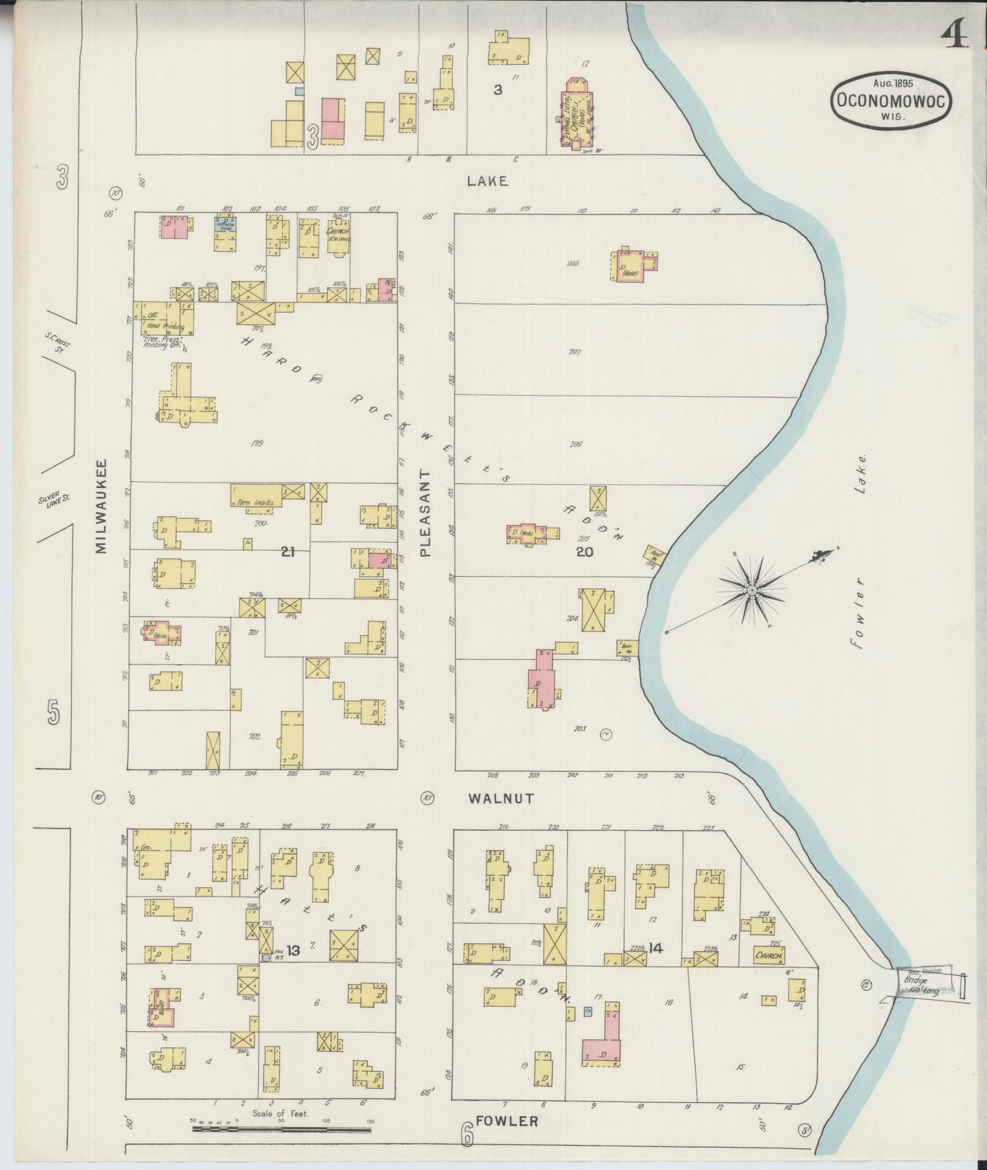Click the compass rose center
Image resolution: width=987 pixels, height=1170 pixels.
(751, 590)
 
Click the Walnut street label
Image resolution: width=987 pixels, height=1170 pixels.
(501, 798)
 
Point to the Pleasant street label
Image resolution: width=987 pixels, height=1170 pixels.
(426, 513)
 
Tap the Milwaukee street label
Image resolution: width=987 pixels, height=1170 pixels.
(101, 506)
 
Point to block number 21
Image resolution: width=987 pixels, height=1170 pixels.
(288, 551)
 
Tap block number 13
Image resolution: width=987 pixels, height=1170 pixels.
(293, 950)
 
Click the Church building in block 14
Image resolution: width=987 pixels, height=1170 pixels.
(768, 954)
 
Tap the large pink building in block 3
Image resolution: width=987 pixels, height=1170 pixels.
(331, 119)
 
